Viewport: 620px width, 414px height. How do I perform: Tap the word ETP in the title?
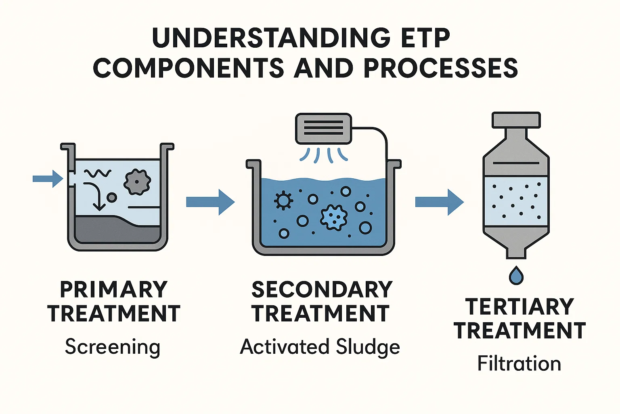click(424, 38)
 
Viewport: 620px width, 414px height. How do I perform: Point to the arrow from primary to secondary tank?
click(210, 202)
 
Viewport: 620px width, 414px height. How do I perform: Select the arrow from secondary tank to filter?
click(439, 202)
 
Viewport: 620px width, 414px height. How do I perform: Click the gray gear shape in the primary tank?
click(137, 182)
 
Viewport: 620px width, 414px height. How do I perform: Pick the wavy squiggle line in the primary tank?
click(97, 174)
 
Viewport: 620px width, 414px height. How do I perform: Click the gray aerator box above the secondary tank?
click(323, 128)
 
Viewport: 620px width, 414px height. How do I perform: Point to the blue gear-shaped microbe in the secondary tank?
click(333, 217)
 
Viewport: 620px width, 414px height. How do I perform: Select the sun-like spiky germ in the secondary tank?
click(283, 200)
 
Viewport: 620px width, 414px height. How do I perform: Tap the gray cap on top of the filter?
click(516, 120)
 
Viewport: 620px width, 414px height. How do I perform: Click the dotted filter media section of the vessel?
click(516, 201)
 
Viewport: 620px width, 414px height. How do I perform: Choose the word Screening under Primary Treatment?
click(113, 347)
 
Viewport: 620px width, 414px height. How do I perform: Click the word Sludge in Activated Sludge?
click(368, 347)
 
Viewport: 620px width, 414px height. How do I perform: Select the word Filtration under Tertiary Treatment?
click(519, 363)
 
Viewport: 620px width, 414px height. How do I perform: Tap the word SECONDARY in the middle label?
click(322, 289)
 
